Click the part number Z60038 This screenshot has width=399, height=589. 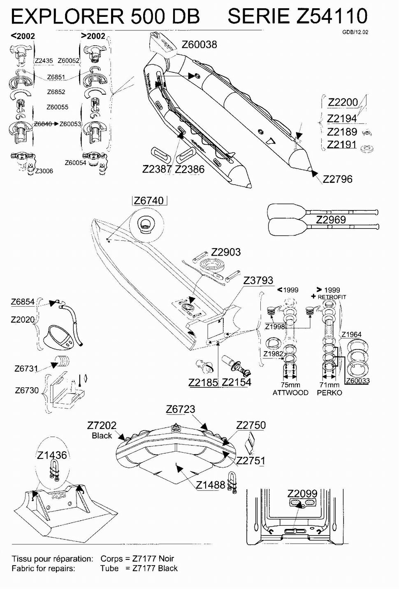coord(199,44)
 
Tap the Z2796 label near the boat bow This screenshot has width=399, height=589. coord(337,179)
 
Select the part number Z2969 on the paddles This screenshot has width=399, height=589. coord(331,220)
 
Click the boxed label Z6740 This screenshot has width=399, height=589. coord(149,201)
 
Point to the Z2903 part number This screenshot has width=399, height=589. coord(226,252)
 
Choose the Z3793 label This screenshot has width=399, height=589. coord(258,280)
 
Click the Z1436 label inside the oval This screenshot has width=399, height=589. coord(52,455)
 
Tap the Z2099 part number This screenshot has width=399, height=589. coord(302,494)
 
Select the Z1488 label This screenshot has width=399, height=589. coord(211,485)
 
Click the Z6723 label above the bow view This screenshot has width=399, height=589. coord(181,409)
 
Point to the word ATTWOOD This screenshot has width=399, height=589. coord(290,393)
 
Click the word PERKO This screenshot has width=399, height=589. coord(329,393)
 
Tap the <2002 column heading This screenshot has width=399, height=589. coord(23,36)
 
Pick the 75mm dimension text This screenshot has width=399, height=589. coord(290,385)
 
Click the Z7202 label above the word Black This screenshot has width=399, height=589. coord(102,425)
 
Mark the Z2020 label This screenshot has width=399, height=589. coord(23,320)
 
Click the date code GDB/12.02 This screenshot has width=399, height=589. coord(355,32)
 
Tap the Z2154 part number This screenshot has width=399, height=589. coord(237,382)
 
